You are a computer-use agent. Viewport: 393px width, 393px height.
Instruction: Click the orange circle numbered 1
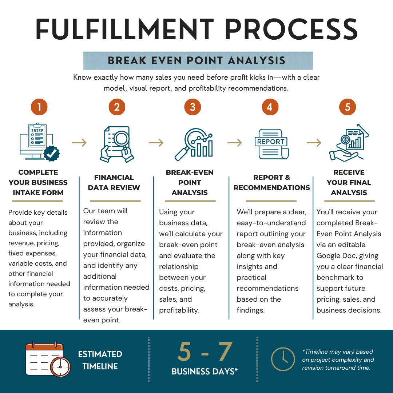coord(39,107)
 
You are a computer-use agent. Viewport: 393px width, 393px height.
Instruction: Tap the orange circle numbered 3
coord(192,107)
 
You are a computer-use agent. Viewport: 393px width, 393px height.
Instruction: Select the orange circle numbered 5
coord(348,107)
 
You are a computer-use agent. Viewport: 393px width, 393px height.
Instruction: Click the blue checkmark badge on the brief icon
coord(51,154)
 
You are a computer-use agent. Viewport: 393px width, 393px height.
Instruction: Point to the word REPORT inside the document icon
coord(271,142)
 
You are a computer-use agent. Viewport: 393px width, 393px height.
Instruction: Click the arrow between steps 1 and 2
coord(79,143)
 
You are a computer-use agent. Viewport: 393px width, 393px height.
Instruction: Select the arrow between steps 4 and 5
coord(314,143)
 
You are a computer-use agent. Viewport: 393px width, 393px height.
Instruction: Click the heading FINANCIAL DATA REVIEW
coord(114,182)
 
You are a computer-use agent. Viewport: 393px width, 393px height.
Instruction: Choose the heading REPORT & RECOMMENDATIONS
coord(272,182)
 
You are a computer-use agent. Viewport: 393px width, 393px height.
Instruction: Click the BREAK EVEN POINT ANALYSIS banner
coord(198,61)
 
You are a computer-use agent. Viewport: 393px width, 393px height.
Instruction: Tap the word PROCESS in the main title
coord(291,29)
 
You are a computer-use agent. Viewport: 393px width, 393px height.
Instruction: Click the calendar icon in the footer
coord(48,359)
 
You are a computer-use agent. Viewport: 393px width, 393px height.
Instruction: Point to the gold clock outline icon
coord(283,359)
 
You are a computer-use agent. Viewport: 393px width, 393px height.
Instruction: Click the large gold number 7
coord(226,352)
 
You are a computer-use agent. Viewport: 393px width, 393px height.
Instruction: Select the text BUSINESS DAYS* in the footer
coord(205,372)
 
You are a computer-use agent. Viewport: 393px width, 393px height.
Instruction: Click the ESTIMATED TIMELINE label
coord(100,360)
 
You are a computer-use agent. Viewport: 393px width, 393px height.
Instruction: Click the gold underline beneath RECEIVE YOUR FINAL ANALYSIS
coord(349,201)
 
